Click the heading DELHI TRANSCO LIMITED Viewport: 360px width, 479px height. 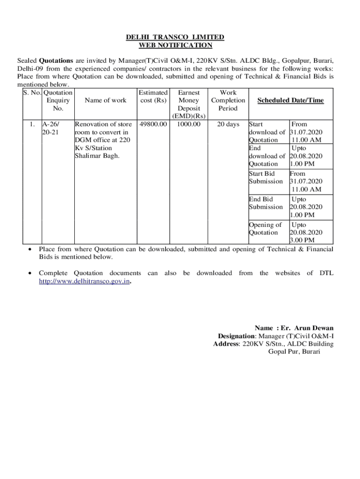click(x=175, y=37)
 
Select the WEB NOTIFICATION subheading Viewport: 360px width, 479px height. click(x=175, y=45)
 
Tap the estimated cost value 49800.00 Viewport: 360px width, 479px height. click(x=153, y=124)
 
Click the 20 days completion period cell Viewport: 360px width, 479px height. click(x=228, y=124)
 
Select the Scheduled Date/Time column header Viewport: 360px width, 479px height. click(x=290, y=101)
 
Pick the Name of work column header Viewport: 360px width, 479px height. click(x=105, y=101)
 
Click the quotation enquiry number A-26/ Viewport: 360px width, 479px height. click(x=51, y=124)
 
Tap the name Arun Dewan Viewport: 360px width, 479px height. click(x=314, y=328)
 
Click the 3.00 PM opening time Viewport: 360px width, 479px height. click(x=302, y=240)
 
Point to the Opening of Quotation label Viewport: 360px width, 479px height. click(x=265, y=229)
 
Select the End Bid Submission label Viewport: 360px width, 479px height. click(x=266, y=203)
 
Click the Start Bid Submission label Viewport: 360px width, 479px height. click(x=266, y=177)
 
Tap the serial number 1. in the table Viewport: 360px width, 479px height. click(x=31, y=124)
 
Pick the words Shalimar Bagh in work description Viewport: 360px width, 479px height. click(x=97, y=156)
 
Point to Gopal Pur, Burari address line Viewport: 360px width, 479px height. click(x=294, y=352)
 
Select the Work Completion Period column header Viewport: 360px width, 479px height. click(x=228, y=101)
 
